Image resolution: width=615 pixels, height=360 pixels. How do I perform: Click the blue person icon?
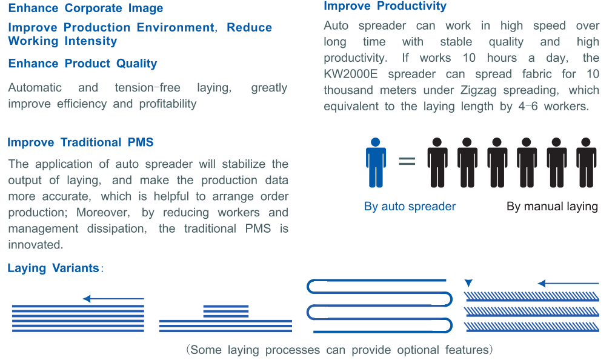point(376,162)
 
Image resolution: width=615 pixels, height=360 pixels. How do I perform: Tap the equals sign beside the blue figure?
point(407,161)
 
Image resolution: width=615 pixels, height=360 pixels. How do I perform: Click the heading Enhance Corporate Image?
point(85,8)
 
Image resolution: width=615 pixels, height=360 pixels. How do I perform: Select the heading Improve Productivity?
point(385,6)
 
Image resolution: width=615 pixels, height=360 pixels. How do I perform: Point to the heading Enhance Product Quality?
point(83,64)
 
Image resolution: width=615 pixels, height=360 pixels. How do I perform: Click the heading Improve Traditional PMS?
point(81,142)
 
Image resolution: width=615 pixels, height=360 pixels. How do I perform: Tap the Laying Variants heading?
point(53,268)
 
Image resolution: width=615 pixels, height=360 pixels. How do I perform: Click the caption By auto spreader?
point(410,206)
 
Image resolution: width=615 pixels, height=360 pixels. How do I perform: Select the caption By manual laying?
point(552,206)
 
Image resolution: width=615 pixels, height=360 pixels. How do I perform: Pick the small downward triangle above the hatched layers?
point(468,283)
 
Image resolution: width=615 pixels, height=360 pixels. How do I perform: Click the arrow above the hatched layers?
point(568,283)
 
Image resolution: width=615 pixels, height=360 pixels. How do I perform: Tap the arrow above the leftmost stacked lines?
point(113,299)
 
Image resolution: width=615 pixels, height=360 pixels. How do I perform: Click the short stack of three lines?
point(226,311)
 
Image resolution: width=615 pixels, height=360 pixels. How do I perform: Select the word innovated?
point(35,245)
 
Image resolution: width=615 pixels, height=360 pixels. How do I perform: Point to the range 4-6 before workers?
point(528,106)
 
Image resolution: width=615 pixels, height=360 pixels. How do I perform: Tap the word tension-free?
point(147,87)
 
